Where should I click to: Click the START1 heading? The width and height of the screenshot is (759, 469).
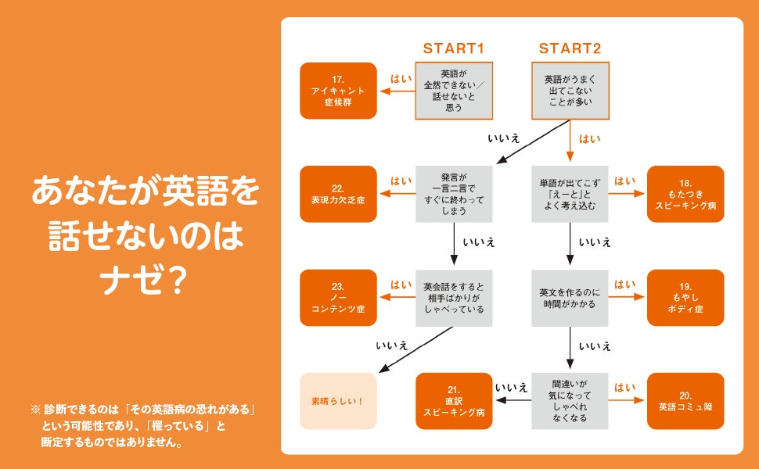point(454,48)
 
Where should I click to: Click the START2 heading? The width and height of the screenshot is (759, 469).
point(570,48)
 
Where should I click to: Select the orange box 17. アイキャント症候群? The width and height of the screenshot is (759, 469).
point(338,91)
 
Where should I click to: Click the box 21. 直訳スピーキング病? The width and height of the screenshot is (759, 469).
point(454,401)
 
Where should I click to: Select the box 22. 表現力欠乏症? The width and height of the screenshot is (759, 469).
point(338,194)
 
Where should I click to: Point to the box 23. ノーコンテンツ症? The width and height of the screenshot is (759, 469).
point(338,298)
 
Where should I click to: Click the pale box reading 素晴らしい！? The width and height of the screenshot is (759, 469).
point(338,401)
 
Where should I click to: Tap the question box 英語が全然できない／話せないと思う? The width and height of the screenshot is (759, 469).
point(454,91)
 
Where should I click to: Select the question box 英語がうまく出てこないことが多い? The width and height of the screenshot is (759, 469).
point(570,91)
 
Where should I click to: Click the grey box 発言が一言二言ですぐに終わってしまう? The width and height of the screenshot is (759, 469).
point(454,194)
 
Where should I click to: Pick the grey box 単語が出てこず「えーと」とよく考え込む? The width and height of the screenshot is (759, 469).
point(570,194)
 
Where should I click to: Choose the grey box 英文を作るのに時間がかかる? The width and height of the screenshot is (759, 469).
point(570,298)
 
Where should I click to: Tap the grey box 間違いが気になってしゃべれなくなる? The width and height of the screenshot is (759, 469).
point(570,401)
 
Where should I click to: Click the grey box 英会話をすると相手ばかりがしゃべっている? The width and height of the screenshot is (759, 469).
point(454,298)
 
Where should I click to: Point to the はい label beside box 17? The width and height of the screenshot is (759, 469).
point(401,79)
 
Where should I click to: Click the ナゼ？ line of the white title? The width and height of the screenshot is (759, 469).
point(145,281)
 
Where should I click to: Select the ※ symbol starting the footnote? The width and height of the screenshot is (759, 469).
point(34,409)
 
